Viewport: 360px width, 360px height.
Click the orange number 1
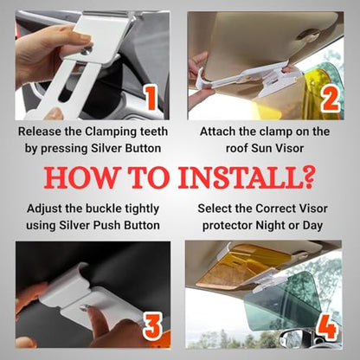coord(151,98)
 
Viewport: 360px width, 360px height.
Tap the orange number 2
coord(330,99)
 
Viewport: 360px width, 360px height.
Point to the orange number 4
coord(327,326)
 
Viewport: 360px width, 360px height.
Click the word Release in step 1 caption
coord(40,132)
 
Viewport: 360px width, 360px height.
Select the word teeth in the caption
coord(154,132)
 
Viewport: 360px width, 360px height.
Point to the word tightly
coord(142,209)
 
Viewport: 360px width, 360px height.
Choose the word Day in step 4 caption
coord(312,226)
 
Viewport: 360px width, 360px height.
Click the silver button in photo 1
coord(87,51)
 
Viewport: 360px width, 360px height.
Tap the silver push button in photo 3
coord(84,308)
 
